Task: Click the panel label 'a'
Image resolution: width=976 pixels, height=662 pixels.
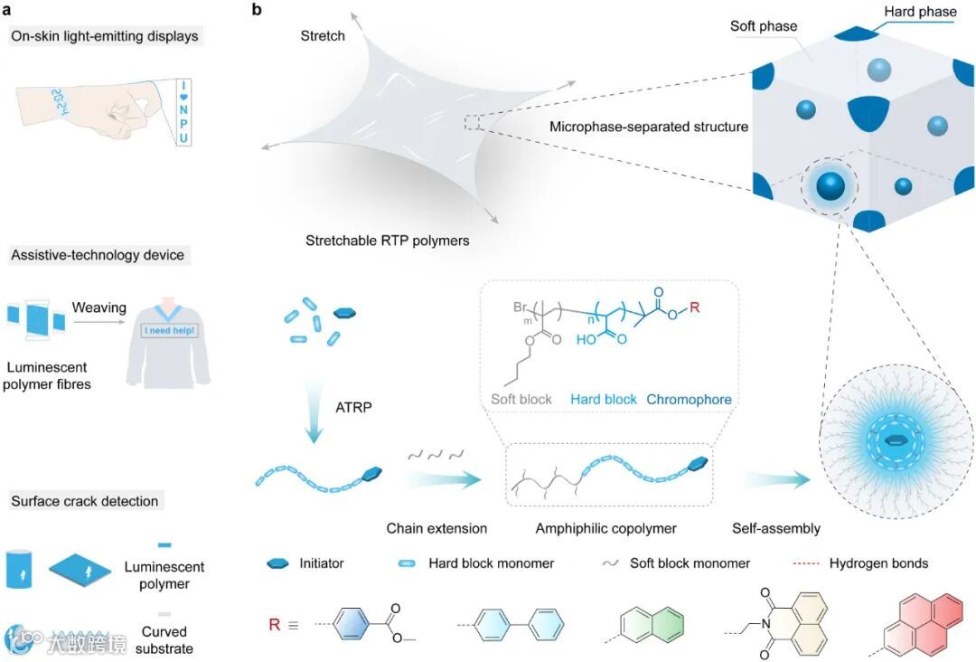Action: click(7, 10)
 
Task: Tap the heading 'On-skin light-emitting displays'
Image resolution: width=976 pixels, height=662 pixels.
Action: click(105, 37)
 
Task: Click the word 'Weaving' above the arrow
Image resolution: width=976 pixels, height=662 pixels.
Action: click(99, 309)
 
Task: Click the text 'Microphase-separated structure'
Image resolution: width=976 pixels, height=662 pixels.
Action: click(649, 127)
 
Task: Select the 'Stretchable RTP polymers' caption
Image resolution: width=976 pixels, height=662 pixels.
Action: click(387, 241)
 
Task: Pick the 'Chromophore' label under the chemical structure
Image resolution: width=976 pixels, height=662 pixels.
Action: click(689, 400)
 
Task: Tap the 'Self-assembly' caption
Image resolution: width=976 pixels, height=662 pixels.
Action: click(776, 528)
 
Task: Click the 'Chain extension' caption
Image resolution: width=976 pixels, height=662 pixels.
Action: click(436, 528)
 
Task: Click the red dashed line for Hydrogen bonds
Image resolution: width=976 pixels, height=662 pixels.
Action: click(798, 563)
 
